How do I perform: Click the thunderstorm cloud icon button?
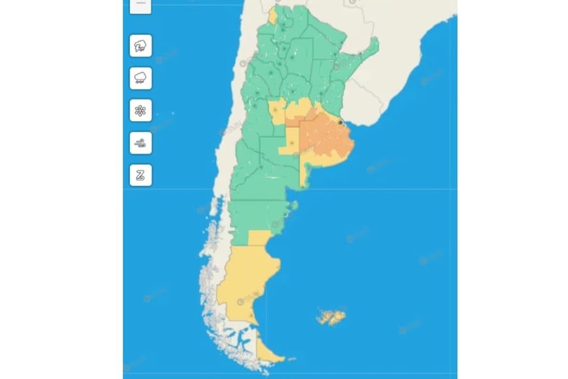pos(140,46)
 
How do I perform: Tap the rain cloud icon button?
pos(140,78)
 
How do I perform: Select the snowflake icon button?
pos(140,110)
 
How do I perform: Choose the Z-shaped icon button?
pos(140,174)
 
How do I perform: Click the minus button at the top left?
pos(140,4)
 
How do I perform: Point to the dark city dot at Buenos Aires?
pos(340,122)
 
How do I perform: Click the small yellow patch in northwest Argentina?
pos(272,15)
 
